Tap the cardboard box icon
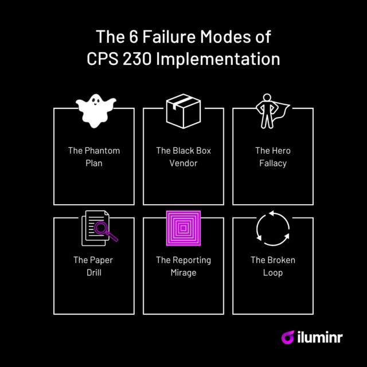click(x=183, y=111)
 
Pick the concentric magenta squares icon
click(x=183, y=228)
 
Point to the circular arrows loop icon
click(x=273, y=228)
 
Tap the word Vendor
click(x=183, y=163)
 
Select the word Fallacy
click(x=273, y=163)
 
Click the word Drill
click(x=95, y=272)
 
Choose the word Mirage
click(x=183, y=272)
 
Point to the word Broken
click(x=281, y=260)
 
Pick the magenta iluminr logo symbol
click(x=288, y=337)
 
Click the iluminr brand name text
click(x=321, y=337)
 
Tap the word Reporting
click(x=192, y=260)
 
